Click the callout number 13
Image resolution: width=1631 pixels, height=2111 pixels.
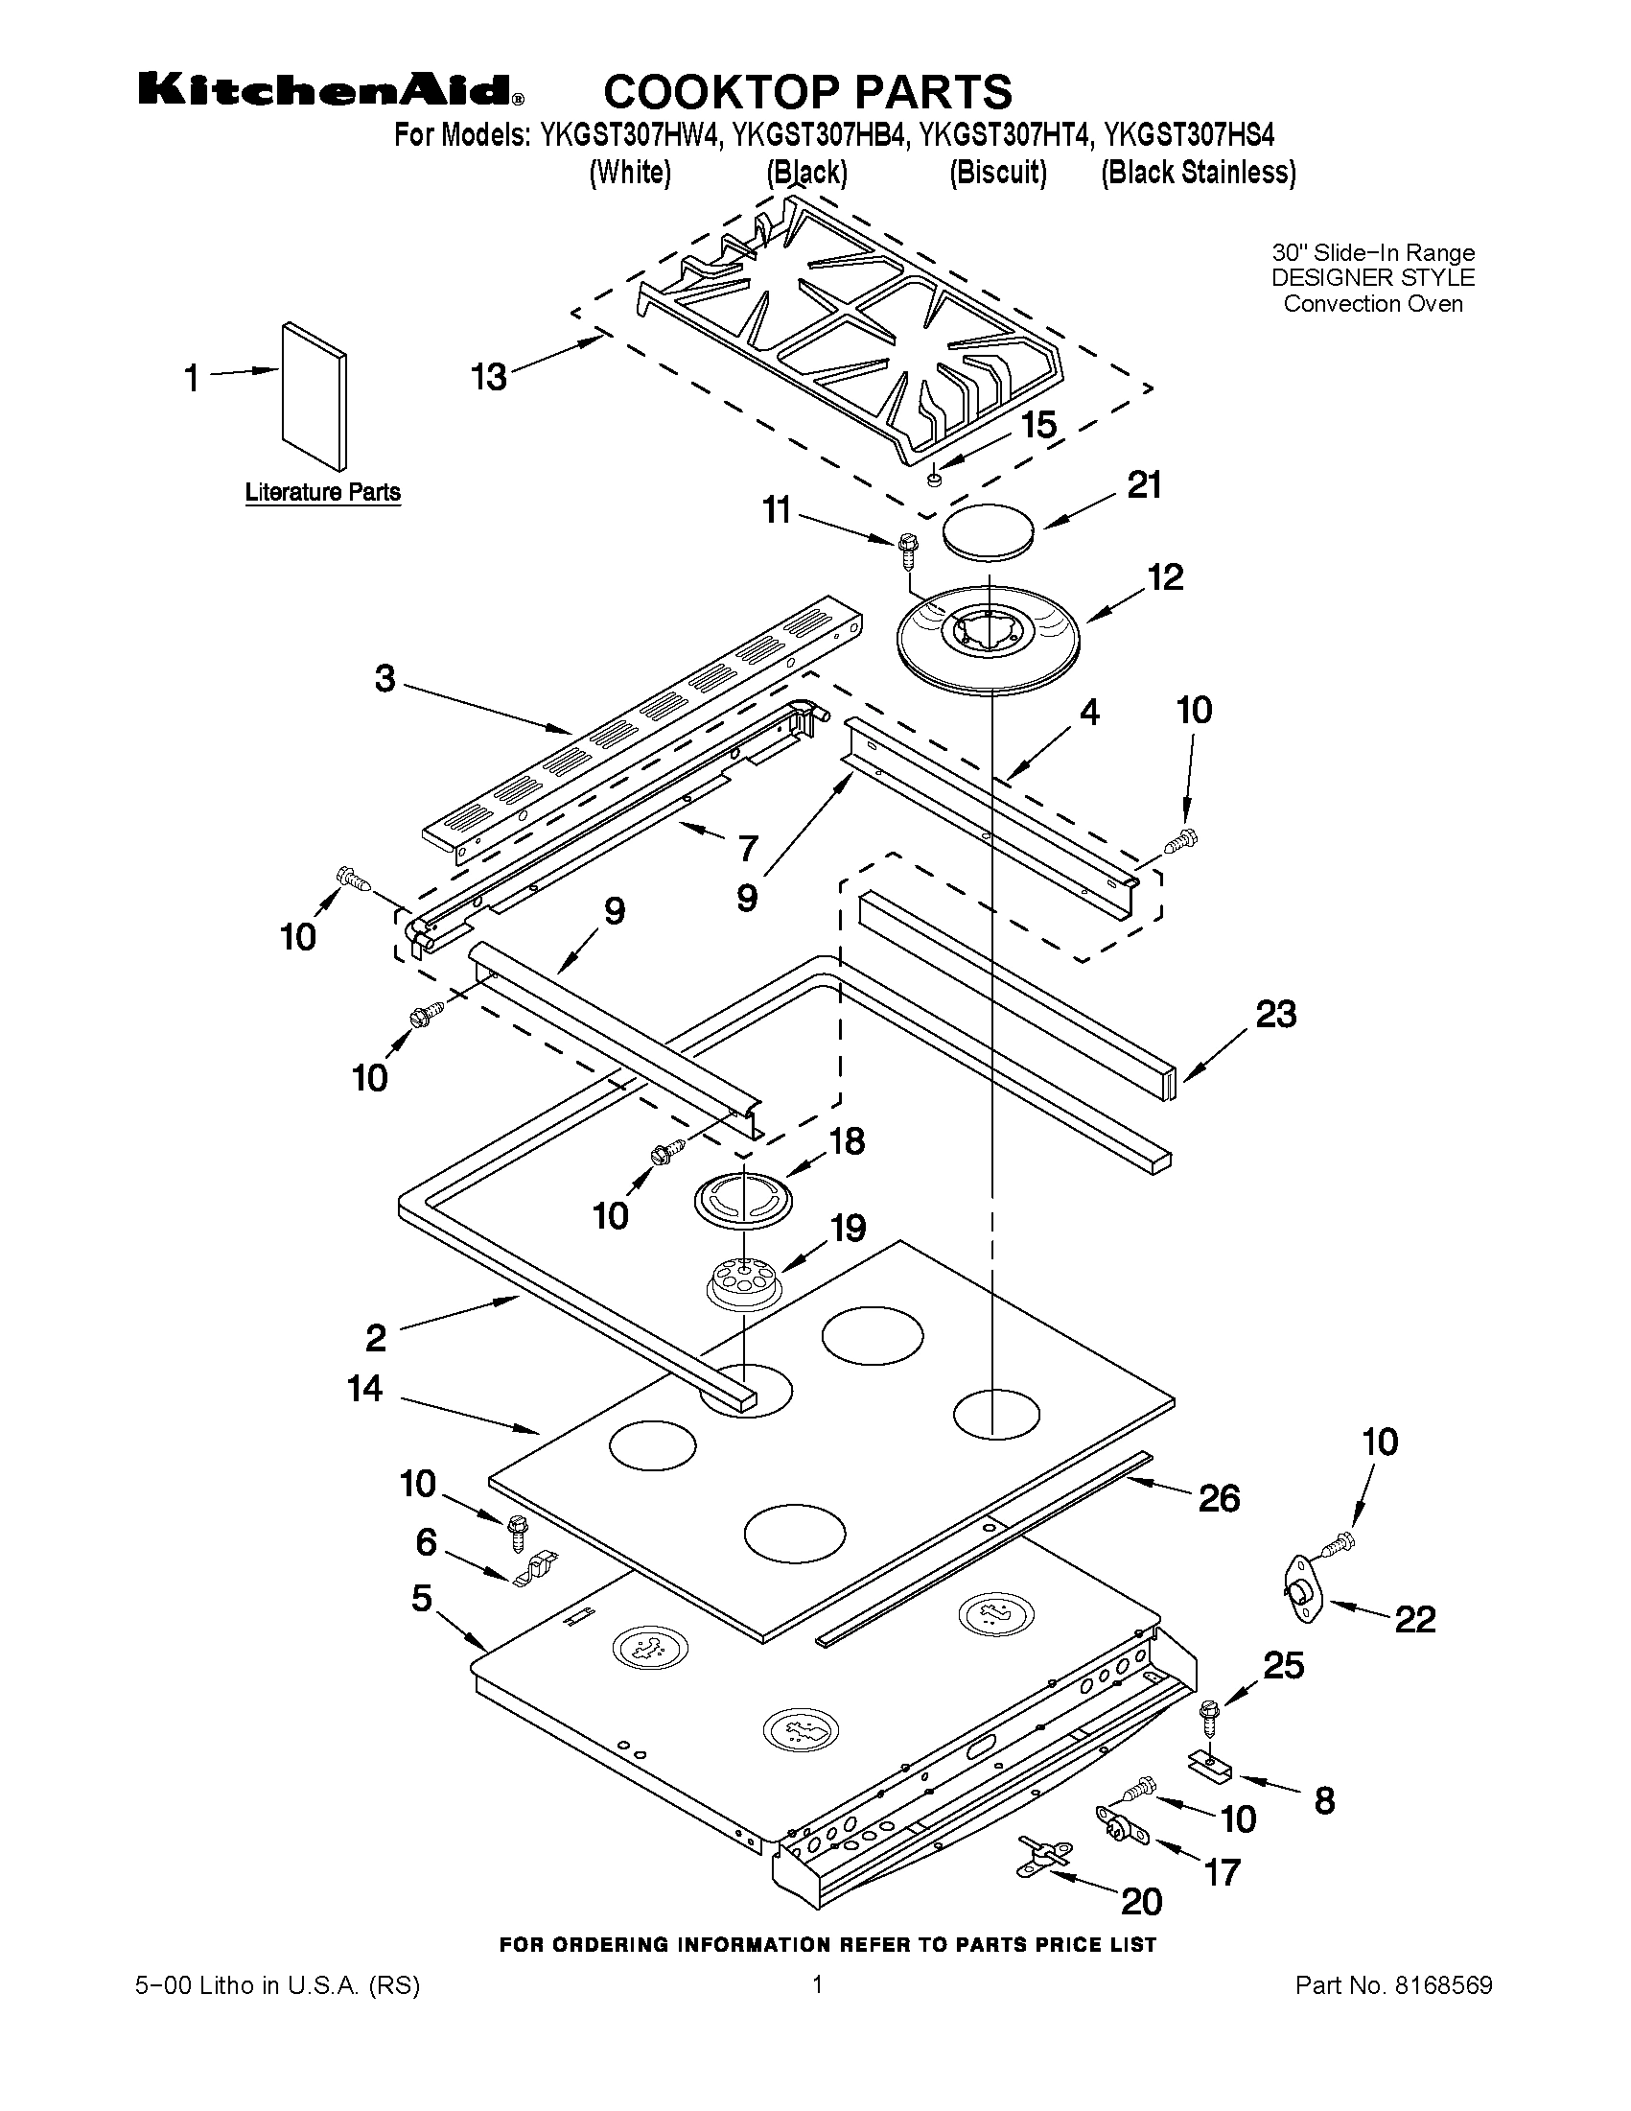490,377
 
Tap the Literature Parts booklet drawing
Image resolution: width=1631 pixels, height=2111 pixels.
315,391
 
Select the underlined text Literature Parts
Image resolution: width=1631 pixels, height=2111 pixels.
323,492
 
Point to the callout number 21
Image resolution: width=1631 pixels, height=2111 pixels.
1145,485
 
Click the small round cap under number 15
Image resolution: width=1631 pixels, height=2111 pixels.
934,479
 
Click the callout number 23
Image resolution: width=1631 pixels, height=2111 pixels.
1275,1014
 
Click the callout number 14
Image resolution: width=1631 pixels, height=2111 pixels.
365,1389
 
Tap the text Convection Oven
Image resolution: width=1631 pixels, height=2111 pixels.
1372,303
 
